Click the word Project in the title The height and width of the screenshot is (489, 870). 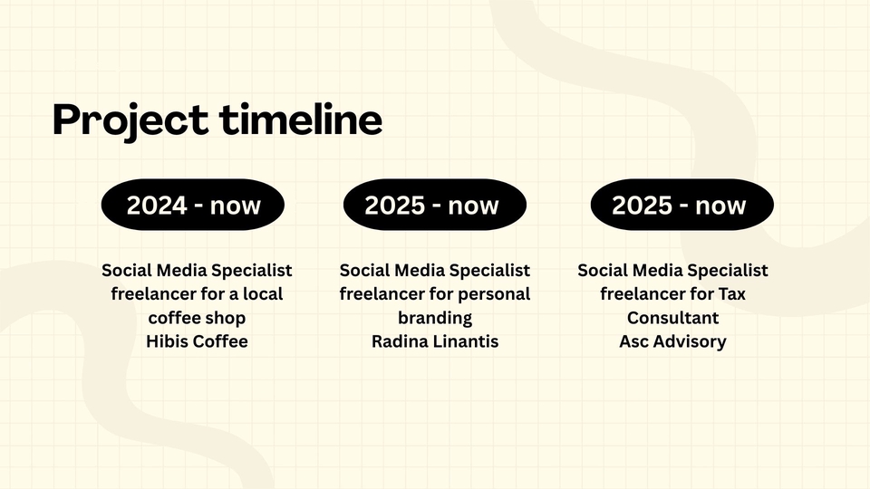tap(130, 120)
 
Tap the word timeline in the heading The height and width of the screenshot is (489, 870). tap(301, 119)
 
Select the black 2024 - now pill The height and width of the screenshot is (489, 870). tap(193, 205)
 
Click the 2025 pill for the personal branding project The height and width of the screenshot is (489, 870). tap(435, 205)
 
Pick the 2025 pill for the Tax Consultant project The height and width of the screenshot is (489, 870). tap(681, 205)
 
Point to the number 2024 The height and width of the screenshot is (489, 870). tap(157, 206)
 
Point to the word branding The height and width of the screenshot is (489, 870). tap(435, 318)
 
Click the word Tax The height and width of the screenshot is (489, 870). tap(732, 293)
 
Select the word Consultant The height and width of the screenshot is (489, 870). tap(673, 318)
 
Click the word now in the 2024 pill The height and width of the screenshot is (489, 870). tap(236, 206)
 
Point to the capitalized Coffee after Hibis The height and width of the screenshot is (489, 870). tap(221, 341)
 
